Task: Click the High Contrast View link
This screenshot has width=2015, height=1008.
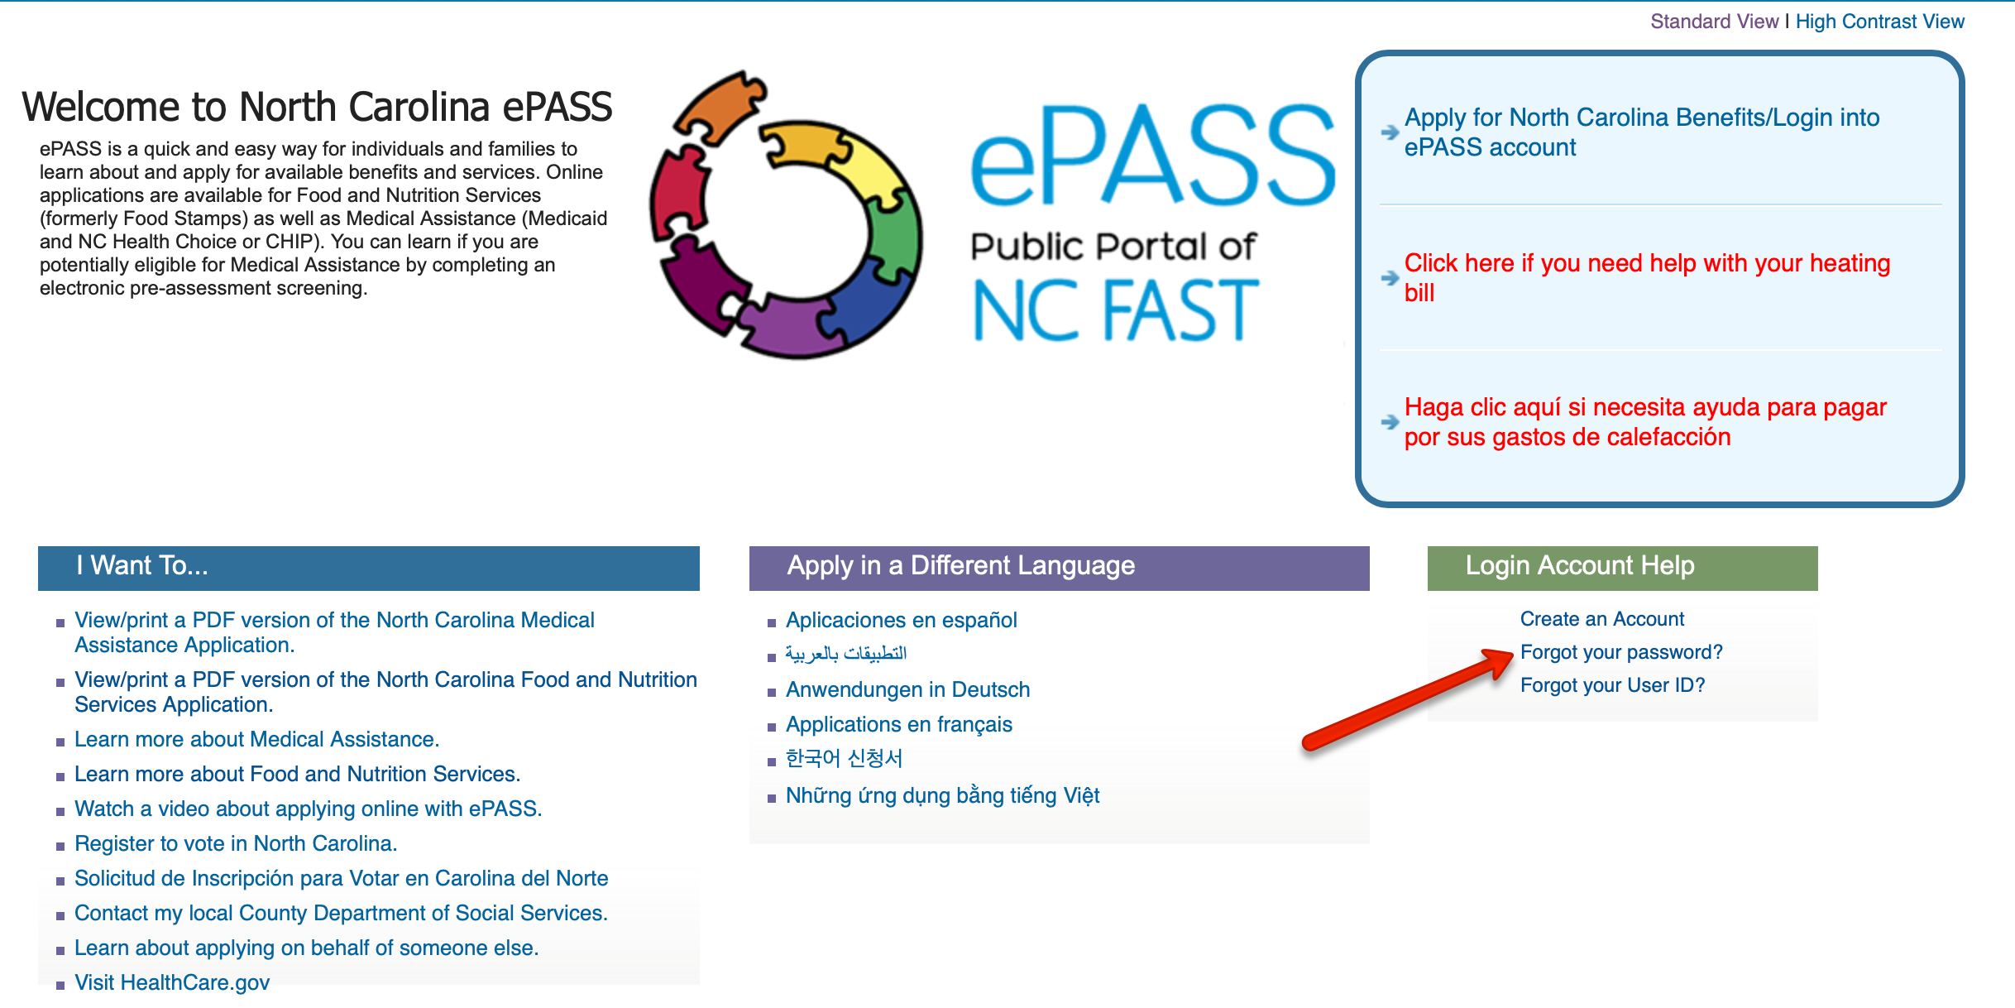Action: click(1879, 22)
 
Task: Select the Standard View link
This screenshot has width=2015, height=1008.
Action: click(1714, 22)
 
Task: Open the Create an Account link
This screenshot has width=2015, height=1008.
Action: click(1601, 619)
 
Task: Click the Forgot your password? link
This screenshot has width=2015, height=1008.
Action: click(1621, 652)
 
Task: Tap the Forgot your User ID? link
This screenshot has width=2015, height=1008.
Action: click(1612, 685)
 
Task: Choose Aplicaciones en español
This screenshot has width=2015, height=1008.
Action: click(901, 620)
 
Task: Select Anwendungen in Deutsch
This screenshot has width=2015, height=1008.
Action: click(907, 689)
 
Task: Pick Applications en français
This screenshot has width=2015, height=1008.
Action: click(898, 724)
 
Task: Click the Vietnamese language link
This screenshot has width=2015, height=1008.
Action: click(942, 795)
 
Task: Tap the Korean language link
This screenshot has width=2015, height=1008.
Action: click(844, 758)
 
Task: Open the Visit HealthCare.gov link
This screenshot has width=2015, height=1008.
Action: click(172, 982)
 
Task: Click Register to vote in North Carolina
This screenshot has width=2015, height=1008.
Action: click(236, 843)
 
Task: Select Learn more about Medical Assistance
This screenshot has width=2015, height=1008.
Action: click(256, 739)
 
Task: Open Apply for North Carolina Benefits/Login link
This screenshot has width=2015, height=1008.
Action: click(1641, 132)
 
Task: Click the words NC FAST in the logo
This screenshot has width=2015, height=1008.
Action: click(1115, 310)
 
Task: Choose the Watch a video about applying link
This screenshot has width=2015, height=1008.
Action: click(308, 809)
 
